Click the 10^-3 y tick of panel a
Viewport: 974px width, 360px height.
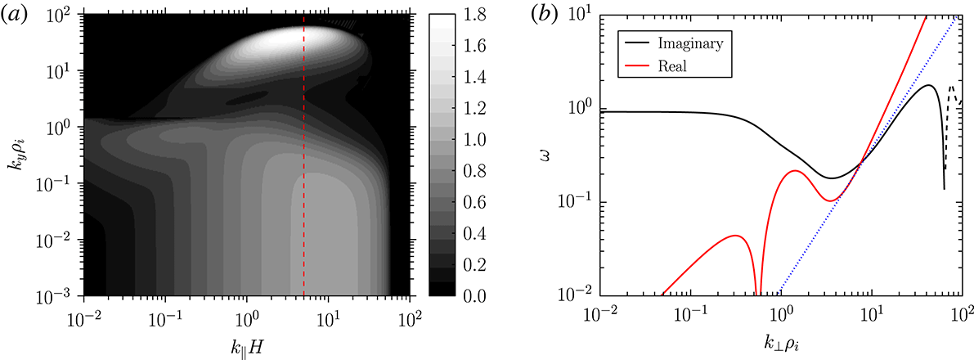point(59,295)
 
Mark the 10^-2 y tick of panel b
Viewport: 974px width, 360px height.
point(580,295)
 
